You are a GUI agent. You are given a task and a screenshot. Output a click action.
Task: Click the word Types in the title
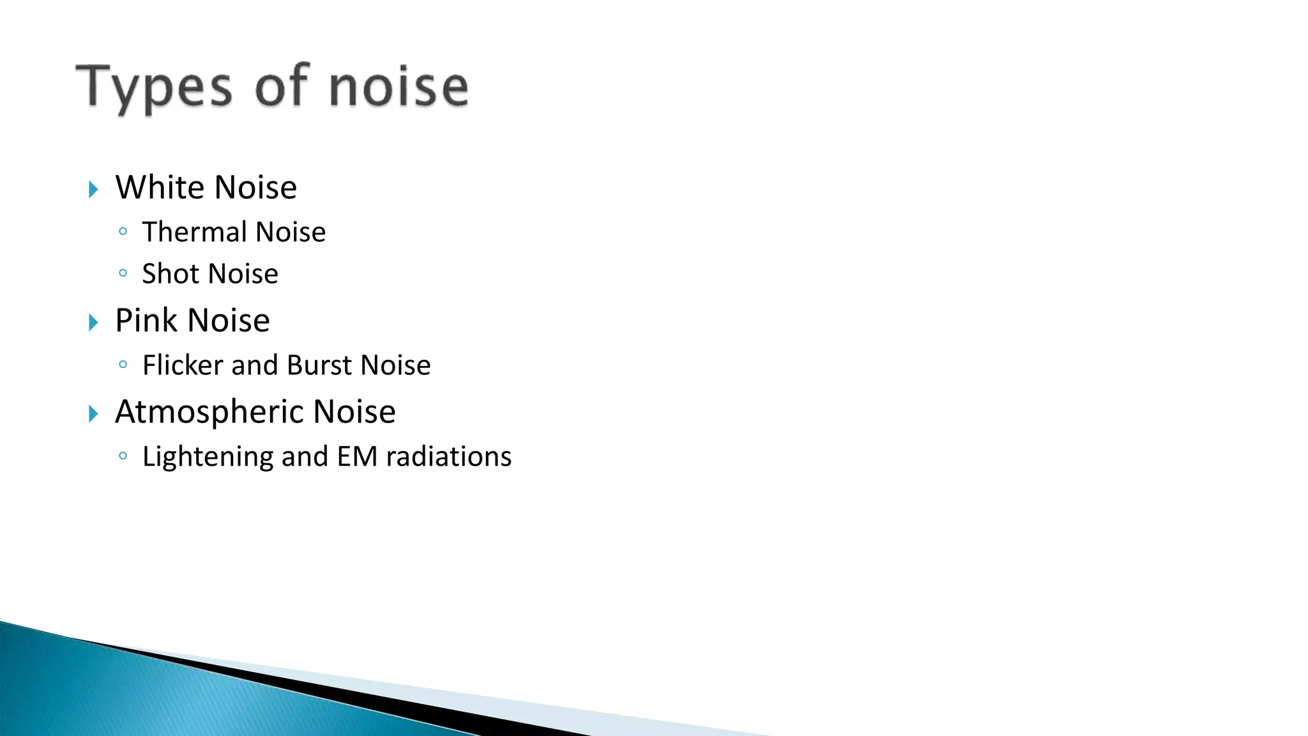(154, 88)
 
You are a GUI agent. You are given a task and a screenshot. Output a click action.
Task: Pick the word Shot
(171, 273)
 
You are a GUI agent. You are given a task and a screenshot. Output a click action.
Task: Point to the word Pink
(146, 320)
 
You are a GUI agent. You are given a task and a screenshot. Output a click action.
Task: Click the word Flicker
(183, 365)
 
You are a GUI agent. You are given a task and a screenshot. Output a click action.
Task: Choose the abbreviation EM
(358, 457)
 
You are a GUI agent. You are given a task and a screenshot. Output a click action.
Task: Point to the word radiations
(449, 457)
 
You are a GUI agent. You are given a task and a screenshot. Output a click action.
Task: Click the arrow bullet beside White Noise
(93, 189)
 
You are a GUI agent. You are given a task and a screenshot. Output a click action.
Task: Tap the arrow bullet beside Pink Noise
(93, 323)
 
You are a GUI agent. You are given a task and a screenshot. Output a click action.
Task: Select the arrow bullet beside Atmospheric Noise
(93, 414)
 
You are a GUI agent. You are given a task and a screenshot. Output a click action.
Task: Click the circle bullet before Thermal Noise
(123, 231)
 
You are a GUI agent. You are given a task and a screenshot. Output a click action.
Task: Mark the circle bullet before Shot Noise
(123, 273)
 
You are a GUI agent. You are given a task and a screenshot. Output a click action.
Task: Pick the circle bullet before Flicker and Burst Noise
(123, 365)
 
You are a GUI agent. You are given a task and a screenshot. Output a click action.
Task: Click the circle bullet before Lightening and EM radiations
(123, 456)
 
